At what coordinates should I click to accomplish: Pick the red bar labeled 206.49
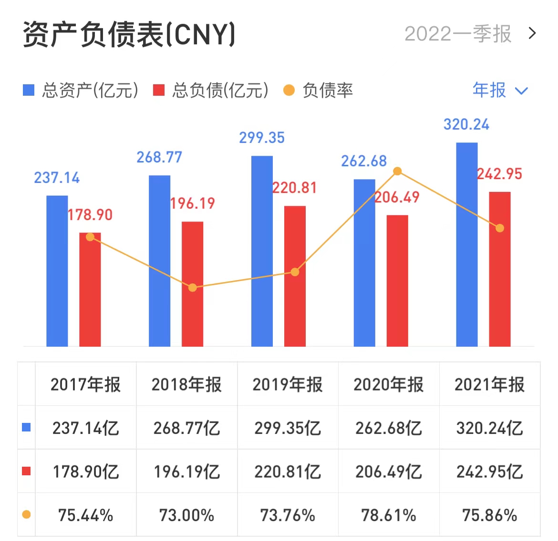397,281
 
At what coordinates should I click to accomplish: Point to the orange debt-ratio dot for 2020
397,171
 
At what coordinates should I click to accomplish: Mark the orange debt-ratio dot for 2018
192,288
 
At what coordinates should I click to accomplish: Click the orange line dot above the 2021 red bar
499,228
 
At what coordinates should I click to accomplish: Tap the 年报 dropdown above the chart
499,90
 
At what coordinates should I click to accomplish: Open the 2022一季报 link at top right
469,34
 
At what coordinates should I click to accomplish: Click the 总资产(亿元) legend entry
81,90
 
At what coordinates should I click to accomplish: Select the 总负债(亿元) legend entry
211,90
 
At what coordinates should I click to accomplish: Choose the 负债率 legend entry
318,90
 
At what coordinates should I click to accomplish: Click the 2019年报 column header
288,384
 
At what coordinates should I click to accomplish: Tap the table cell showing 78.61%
389,515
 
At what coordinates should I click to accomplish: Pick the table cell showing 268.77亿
186,428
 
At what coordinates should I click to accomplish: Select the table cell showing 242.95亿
490,471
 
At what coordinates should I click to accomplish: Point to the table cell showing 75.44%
86,515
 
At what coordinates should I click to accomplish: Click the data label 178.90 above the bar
90,215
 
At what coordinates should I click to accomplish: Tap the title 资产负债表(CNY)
129,34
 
